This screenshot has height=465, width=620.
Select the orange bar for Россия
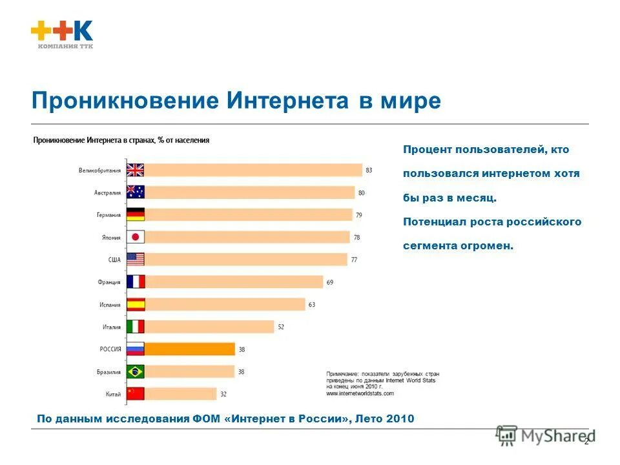tap(190, 349)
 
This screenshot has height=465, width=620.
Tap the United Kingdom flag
tap(136, 170)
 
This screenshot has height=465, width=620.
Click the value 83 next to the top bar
tap(369, 170)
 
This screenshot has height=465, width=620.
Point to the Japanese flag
tap(136, 237)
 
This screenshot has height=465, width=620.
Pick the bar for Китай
tap(181, 394)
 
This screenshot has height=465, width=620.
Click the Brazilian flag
tap(136, 371)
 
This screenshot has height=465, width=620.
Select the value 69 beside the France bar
tap(330, 282)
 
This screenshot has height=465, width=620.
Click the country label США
tap(114, 260)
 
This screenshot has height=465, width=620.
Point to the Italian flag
tap(136, 327)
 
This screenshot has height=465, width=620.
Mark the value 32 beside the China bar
tap(223, 394)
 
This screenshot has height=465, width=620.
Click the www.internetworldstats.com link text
tap(360, 393)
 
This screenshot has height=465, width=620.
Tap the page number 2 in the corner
tap(586, 441)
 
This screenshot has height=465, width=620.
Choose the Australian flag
tap(136, 192)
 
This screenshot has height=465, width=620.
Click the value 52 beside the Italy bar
tap(281, 327)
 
